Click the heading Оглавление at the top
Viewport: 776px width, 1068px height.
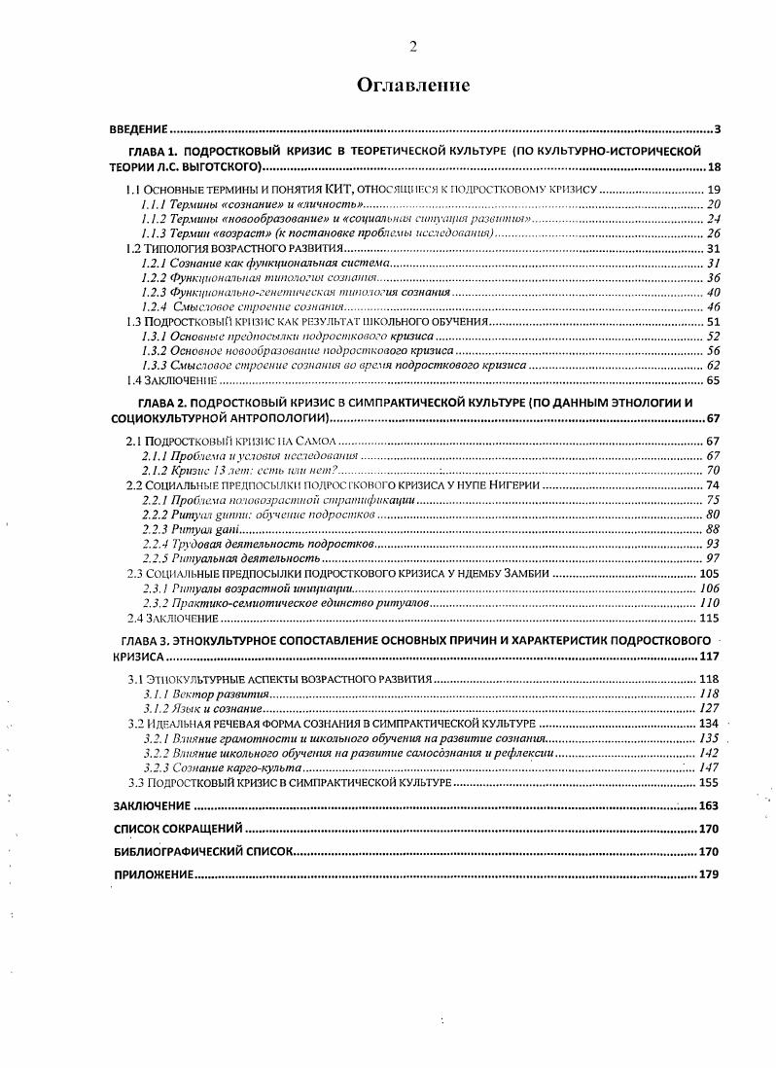click(413, 86)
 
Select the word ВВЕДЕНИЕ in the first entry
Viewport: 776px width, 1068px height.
click(139, 129)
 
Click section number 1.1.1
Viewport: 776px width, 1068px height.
click(153, 204)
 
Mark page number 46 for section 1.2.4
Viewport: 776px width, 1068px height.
click(711, 306)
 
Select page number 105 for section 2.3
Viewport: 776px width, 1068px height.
click(708, 574)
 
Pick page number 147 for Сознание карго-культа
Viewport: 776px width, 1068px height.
click(708, 767)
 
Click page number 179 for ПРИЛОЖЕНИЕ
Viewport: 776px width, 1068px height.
click(707, 874)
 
